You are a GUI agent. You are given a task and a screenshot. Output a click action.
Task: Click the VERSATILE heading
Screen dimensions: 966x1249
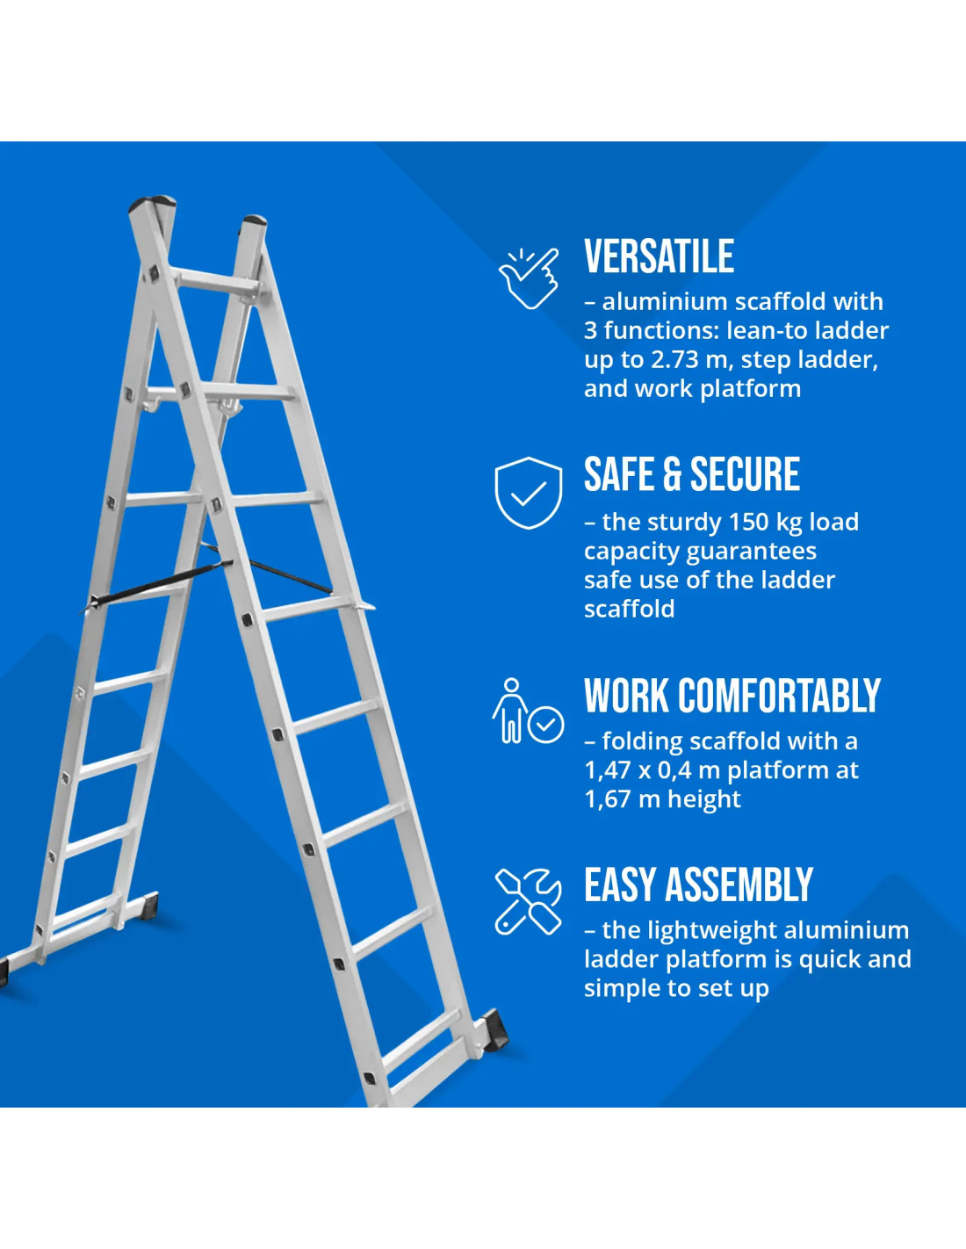(x=659, y=256)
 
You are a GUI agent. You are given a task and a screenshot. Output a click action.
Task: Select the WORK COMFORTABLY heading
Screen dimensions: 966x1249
(x=732, y=696)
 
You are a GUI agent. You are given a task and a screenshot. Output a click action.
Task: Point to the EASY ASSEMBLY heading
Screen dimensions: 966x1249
(x=698, y=885)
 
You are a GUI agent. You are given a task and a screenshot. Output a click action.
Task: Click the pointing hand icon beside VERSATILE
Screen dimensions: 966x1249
(x=529, y=278)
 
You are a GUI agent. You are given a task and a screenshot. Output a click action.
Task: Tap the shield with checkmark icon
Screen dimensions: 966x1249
(x=528, y=493)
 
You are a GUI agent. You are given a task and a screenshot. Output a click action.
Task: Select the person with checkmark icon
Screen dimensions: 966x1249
(x=528, y=711)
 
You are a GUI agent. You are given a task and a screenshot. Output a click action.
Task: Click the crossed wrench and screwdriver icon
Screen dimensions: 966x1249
(x=528, y=901)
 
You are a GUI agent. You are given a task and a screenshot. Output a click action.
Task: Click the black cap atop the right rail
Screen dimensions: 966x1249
(x=255, y=220)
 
